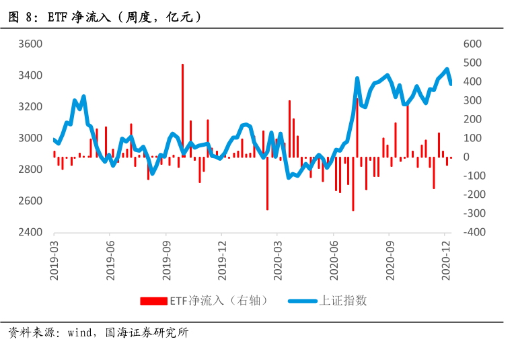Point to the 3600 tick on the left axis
30,44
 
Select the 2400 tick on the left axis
30,232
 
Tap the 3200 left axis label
30,106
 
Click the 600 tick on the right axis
474,44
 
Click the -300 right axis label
471,213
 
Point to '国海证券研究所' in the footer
147,333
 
